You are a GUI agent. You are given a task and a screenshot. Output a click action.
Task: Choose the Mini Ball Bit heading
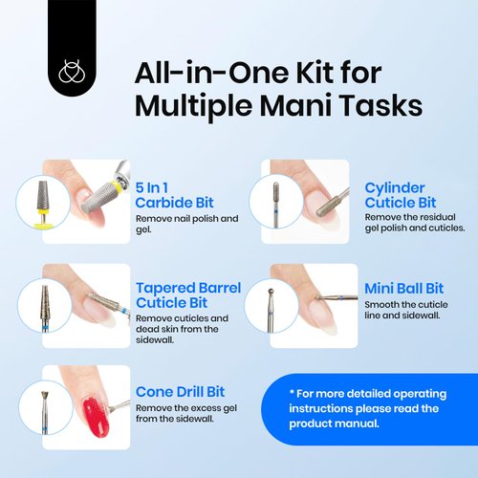pos(403,287)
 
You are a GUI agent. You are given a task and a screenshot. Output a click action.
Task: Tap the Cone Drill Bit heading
pos(180,391)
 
